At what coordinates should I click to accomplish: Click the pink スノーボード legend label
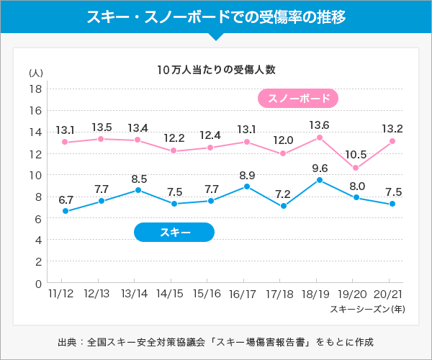[x=298, y=99]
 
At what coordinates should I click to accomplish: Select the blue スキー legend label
[x=175, y=232]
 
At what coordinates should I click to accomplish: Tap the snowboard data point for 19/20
[x=356, y=168]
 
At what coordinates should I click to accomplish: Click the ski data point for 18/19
[x=319, y=180]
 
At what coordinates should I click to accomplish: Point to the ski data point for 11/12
[x=66, y=211]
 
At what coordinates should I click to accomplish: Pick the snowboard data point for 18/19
[x=319, y=137]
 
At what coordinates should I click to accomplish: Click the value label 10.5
[x=356, y=155]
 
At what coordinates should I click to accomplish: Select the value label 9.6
[x=320, y=168]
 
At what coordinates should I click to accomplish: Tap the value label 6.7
[x=66, y=199]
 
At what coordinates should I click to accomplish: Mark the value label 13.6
[x=319, y=125]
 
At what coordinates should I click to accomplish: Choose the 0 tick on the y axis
[x=36, y=284]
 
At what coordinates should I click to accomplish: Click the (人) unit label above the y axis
[x=35, y=73]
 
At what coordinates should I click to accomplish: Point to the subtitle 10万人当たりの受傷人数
[x=216, y=70]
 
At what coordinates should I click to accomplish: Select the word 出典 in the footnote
[x=67, y=341]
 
